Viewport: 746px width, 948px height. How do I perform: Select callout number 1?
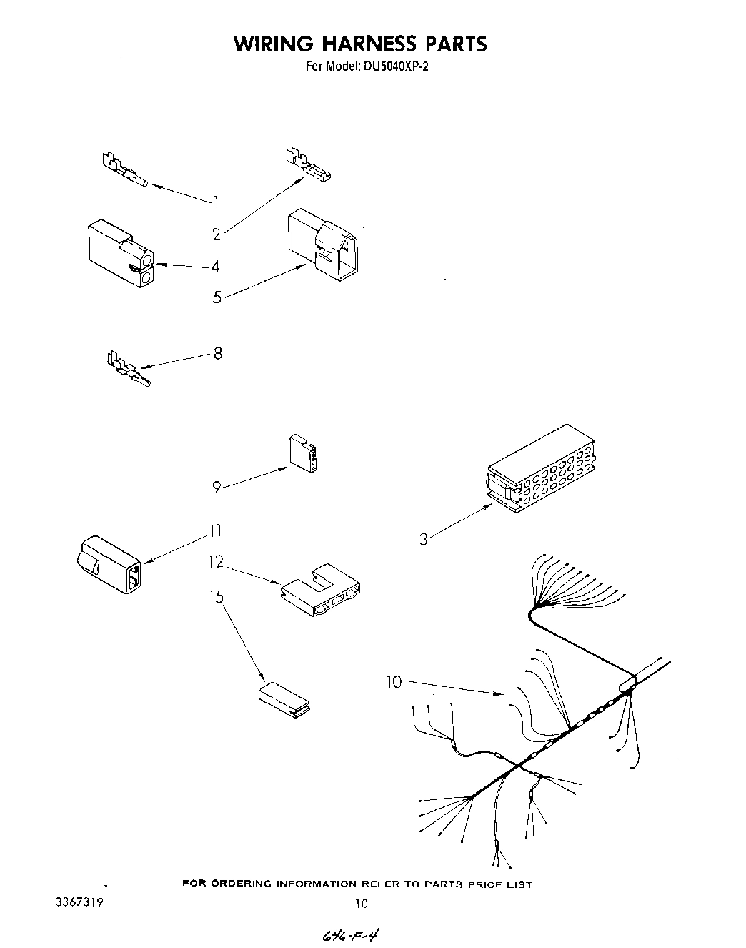point(215,202)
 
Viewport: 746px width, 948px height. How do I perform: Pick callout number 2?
point(216,234)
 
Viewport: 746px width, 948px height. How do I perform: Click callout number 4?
point(215,267)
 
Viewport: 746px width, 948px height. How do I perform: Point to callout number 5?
point(217,297)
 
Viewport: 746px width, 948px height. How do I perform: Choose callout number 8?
point(218,353)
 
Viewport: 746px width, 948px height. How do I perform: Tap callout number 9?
point(216,487)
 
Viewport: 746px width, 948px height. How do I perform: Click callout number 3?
point(424,539)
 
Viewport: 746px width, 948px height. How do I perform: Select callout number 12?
point(216,563)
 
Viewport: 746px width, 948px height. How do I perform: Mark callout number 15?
point(216,596)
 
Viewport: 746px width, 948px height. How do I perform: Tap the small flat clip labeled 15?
point(282,698)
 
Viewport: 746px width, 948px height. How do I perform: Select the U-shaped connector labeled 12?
point(321,591)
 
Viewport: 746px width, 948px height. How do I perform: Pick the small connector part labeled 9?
point(304,453)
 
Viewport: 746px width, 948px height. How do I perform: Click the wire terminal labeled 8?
point(128,369)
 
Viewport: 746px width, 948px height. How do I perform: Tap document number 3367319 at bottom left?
point(79,902)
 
